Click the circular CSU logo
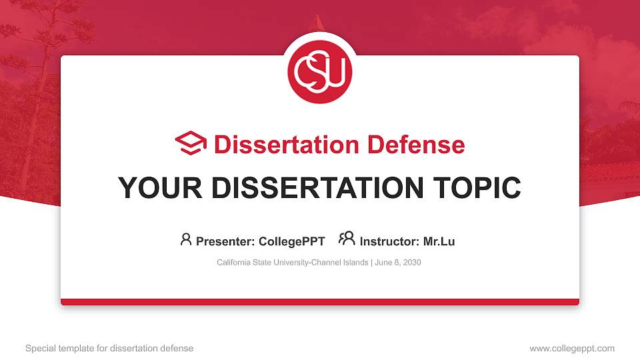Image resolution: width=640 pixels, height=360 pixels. pyautogui.click(x=319, y=71)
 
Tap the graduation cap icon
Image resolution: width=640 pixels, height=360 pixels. pyautogui.click(x=191, y=143)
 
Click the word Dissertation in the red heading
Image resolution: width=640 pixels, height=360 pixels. pyautogui.click(x=287, y=145)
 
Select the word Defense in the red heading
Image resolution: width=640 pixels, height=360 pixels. pyautogui.click(x=416, y=145)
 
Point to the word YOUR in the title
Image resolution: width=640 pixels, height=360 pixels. pyautogui.click(x=160, y=188)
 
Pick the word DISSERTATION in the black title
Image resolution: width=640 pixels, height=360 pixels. pyautogui.click(x=317, y=188)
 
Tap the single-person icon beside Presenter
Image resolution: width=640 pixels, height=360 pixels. pyautogui.click(x=186, y=239)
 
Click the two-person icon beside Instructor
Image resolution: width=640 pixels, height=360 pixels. pyautogui.click(x=347, y=239)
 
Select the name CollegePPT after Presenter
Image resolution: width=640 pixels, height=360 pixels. pyautogui.click(x=292, y=241)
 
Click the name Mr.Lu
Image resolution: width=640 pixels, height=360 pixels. pyautogui.click(x=439, y=241)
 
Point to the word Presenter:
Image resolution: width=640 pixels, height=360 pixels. pyautogui.click(x=225, y=241)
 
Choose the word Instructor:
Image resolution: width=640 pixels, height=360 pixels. pyautogui.click(x=389, y=241)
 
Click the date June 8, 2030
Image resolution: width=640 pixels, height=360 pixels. pyautogui.click(x=397, y=263)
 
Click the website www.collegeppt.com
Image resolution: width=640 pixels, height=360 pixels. pyautogui.click(x=572, y=349)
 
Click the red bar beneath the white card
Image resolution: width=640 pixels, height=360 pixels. pyautogui.click(x=320, y=302)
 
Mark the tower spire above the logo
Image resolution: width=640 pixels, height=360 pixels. pyautogui.click(x=317, y=23)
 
